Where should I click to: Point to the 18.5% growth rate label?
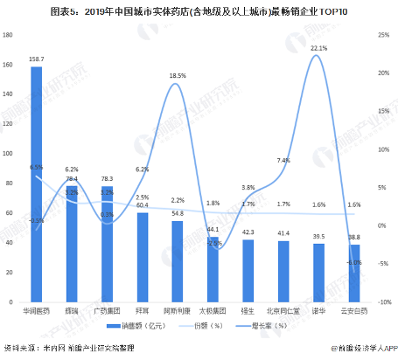[178, 76]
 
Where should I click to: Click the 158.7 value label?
[36, 59]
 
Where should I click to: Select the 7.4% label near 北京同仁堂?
[283, 161]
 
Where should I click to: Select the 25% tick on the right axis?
[382, 35]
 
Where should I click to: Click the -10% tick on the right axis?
[382, 301]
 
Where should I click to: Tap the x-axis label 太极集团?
[213, 308]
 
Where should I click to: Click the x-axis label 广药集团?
[107, 308]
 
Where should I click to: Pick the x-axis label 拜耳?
[142, 308]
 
